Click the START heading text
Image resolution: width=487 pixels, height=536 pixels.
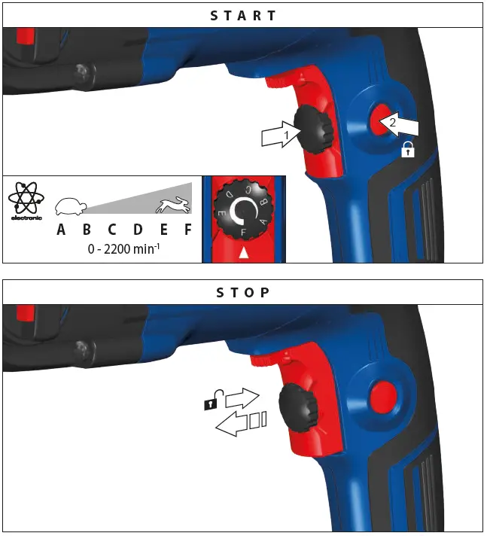242,15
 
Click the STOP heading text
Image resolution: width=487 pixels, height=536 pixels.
242,292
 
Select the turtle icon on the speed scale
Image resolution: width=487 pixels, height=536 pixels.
71,205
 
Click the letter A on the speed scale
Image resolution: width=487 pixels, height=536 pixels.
61,230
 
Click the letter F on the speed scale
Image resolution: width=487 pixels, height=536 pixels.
187,230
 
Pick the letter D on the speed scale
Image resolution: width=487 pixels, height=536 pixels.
138,230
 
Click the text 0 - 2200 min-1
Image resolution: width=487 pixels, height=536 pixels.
123,248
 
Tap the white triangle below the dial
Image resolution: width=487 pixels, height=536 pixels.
243,255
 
